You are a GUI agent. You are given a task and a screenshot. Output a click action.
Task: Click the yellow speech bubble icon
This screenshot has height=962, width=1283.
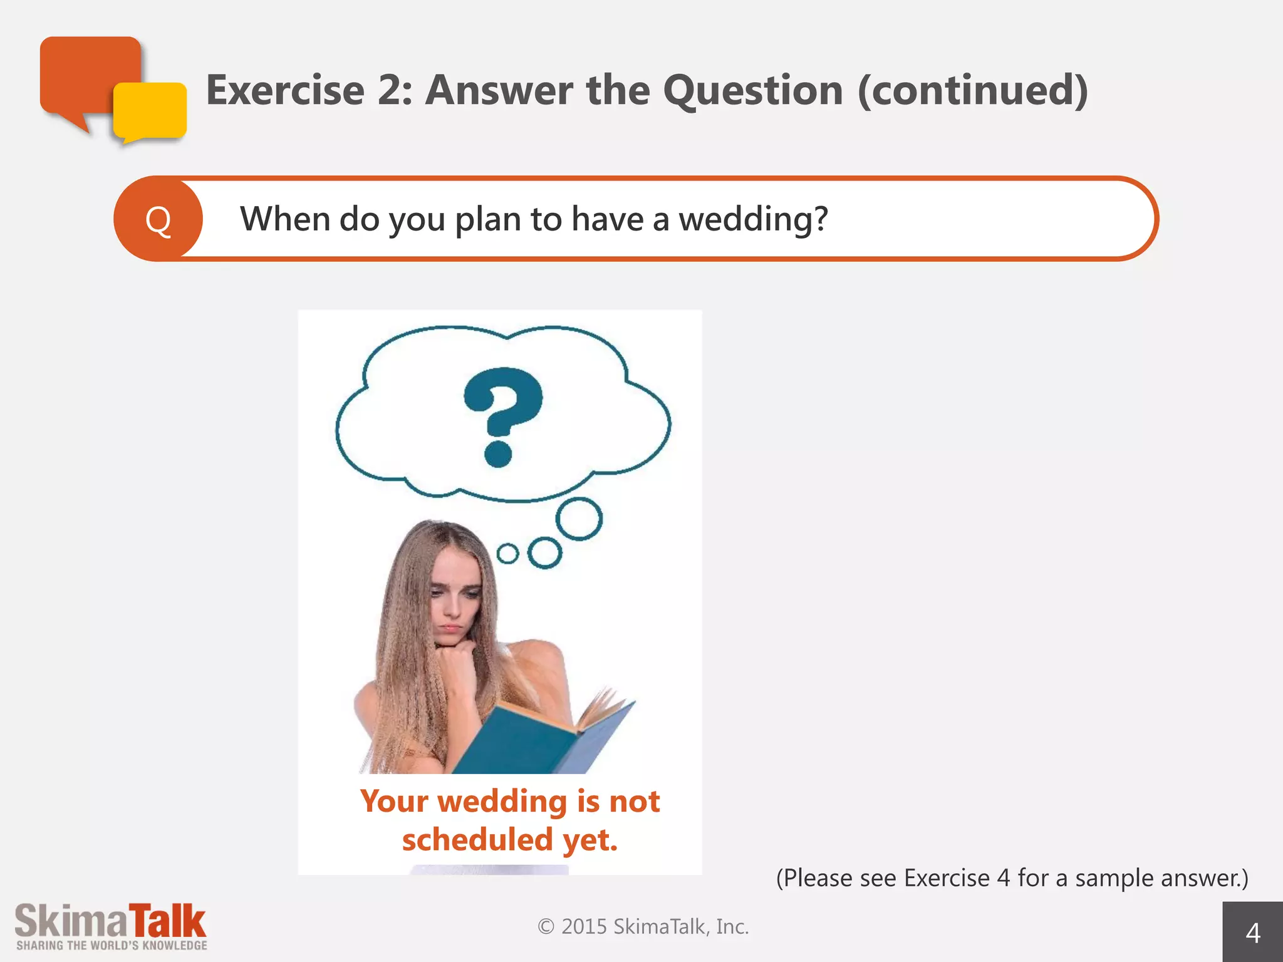coord(150,111)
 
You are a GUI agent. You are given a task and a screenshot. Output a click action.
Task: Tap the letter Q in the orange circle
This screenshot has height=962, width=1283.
coord(158,220)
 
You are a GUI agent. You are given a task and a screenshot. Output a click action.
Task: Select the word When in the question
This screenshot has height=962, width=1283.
coord(285,219)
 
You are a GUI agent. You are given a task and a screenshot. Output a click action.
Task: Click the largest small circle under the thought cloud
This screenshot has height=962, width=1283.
coord(579,519)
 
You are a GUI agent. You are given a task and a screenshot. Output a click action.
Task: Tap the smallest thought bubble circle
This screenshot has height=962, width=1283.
coord(507,554)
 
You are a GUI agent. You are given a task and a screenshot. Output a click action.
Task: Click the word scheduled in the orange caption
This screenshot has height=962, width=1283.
coord(477,839)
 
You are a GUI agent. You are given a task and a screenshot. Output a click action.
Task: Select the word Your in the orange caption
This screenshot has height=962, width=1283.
coord(394,801)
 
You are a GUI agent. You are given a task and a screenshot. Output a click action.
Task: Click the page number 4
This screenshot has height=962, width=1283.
coord(1253,933)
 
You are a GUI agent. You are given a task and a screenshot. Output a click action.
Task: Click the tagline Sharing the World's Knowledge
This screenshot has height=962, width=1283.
coord(112,946)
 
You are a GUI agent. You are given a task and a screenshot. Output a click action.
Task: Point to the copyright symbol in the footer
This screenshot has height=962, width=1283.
coord(546,926)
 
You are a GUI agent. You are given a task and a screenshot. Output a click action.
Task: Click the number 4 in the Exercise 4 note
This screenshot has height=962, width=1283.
coord(1004,878)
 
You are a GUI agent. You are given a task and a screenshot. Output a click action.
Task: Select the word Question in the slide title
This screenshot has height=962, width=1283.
coord(753,90)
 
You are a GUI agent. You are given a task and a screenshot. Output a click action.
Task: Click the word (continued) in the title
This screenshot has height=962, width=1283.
coord(972,90)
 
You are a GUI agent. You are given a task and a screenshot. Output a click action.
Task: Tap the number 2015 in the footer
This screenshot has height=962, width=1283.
coord(584,926)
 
